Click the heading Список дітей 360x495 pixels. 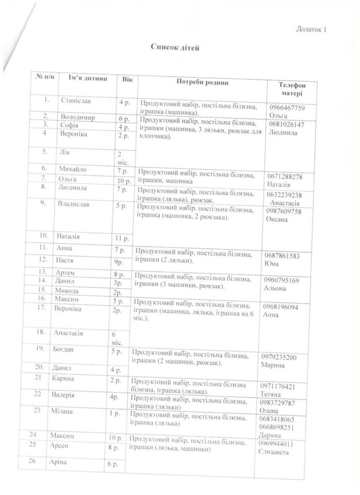(175, 47)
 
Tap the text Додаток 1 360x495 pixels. (311, 30)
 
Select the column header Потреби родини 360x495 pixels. (202, 82)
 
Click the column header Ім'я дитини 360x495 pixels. (87, 78)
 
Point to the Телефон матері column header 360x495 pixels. (292, 89)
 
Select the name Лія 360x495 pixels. (64, 151)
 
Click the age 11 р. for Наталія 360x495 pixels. (121, 238)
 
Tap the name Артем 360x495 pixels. (65, 272)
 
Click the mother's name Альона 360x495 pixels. (275, 289)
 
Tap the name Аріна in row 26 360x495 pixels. (59, 462)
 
